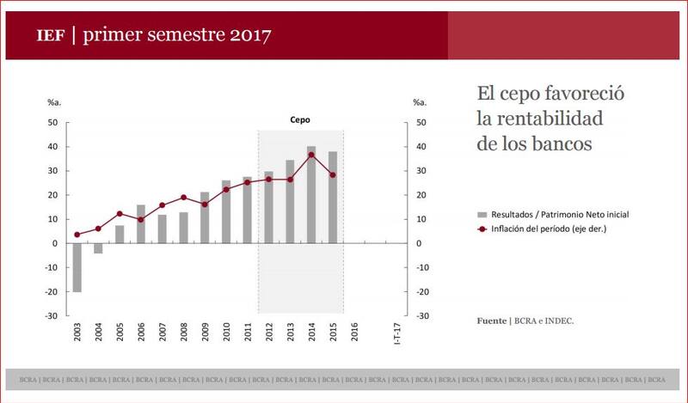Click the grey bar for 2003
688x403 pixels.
(x=77, y=267)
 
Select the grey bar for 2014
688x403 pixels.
(x=310, y=194)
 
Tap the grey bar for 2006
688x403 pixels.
(x=140, y=223)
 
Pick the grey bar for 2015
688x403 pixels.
(x=332, y=197)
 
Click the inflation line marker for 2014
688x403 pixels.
(x=310, y=155)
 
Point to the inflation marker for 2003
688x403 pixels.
(x=77, y=235)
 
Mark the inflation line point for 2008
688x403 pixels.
(x=183, y=198)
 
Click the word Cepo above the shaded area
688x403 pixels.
(x=299, y=120)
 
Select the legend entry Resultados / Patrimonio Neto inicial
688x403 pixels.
(x=558, y=212)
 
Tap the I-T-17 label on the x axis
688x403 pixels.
(x=396, y=333)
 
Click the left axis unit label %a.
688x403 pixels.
(x=53, y=103)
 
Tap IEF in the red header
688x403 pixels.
(x=50, y=36)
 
